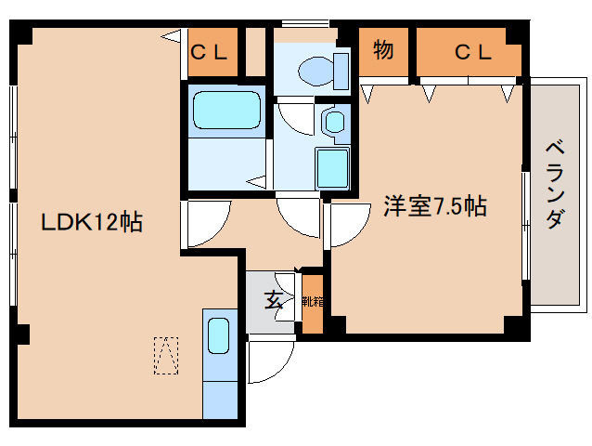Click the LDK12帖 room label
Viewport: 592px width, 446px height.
pos(90,222)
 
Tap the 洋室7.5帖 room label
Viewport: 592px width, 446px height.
pos(435,206)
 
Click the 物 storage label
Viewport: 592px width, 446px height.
pos(382,51)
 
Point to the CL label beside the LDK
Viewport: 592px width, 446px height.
pos(209,52)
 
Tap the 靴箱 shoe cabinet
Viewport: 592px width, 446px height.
pos(313,302)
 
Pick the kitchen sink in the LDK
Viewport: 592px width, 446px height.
pos(219,335)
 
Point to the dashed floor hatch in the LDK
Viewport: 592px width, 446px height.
pos(165,355)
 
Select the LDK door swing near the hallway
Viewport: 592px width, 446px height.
pos(203,223)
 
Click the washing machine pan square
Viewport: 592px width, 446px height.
pos(332,168)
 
